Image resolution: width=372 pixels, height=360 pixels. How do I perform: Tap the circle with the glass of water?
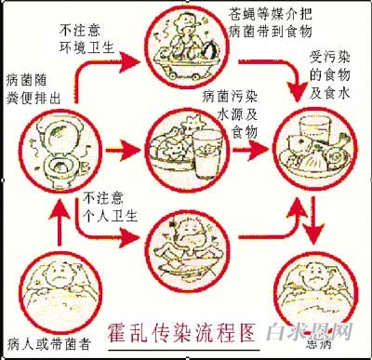pos(186,148)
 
